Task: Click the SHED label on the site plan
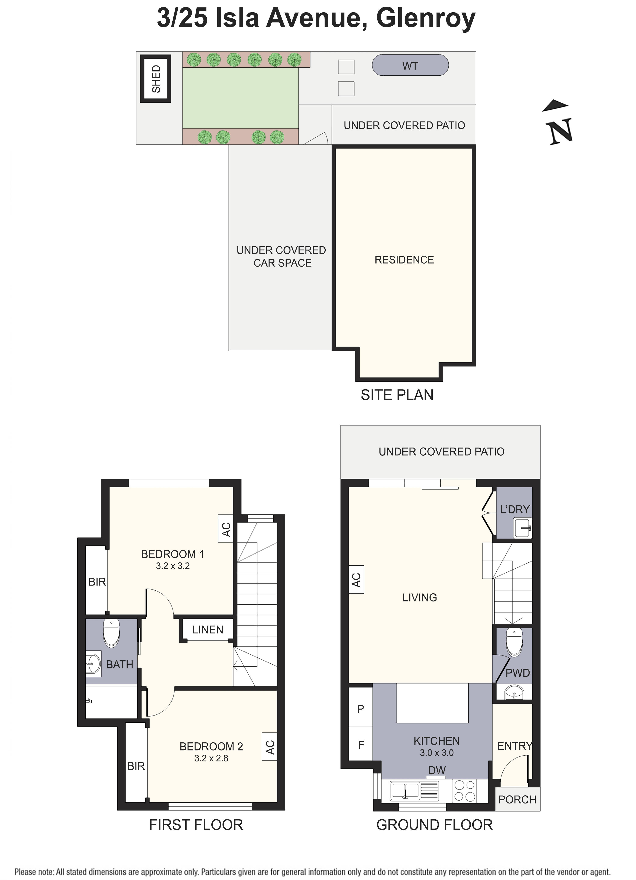[x=156, y=79]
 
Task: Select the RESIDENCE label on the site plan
[x=404, y=260]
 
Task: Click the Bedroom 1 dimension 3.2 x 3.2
[x=173, y=566]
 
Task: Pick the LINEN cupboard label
[x=208, y=630]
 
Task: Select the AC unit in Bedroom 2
[x=270, y=746]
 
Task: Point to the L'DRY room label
[x=515, y=509]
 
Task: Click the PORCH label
[x=517, y=800]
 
